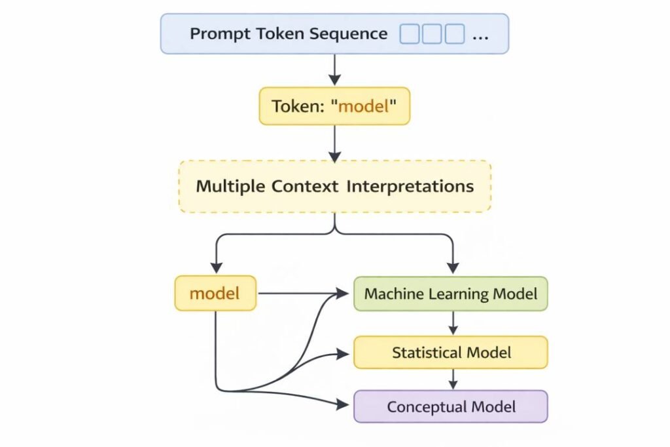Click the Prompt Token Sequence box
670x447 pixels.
tap(334, 33)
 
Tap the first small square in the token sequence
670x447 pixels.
tap(410, 34)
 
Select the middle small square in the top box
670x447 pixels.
tap(432, 34)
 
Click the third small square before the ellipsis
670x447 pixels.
tap(454, 34)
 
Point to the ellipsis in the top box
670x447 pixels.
tap(480, 35)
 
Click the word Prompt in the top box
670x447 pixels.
tap(213, 34)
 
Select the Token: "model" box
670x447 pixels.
tap(334, 106)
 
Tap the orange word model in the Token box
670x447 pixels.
tap(363, 106)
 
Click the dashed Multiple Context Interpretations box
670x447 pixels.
tap(334, 186)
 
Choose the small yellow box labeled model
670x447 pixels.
tap(215, 293)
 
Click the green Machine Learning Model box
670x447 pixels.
tap(451, 294)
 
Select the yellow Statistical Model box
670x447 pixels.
tap(451, 353)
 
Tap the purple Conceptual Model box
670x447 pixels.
tap(451, 406)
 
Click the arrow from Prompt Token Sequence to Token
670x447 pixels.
tap(334, 69)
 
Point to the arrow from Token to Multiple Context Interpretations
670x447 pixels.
tap(334, 143)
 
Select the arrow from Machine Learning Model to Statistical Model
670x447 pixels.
tap(451, 323)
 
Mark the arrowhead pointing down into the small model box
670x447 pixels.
tap(215, 269)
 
